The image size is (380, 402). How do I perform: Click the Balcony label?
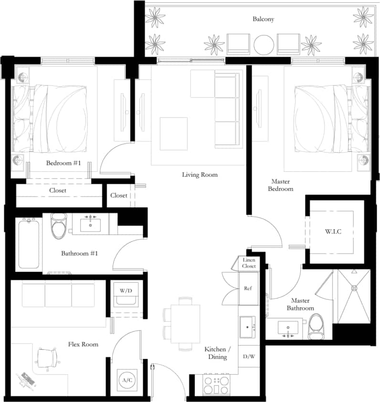point(264,19)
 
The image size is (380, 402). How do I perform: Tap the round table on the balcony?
point(264,44)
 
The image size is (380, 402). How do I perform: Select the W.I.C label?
point(332,232)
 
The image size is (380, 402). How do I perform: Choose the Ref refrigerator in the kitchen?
point(248,288)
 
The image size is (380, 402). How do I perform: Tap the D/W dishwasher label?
point(248,356)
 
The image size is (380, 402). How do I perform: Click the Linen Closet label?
point(249,263)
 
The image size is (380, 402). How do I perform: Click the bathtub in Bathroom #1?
point(29,243)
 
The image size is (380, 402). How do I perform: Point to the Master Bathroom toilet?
point(316,328)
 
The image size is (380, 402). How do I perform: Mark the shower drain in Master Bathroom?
point(354,287)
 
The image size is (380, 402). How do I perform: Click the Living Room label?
point(200,175)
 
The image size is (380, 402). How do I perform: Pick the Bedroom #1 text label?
point(63,163)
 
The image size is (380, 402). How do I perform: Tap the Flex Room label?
point(83,344)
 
